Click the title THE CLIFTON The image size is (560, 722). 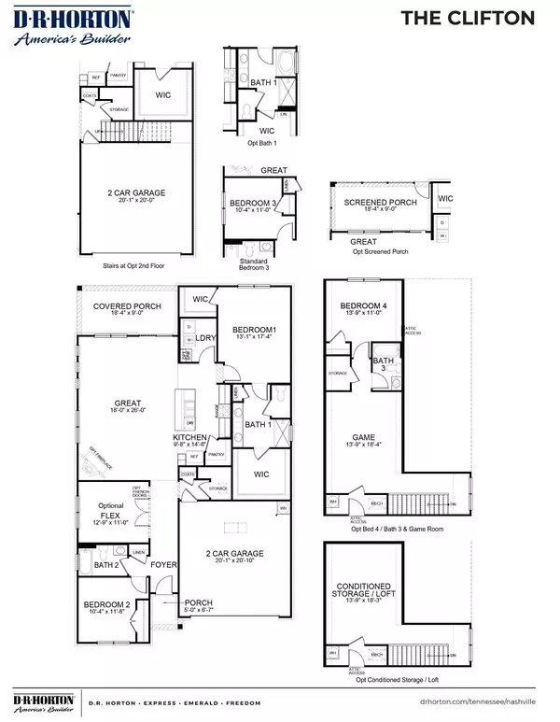pyautogui.click(x=481, y=18)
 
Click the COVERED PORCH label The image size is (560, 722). pyautogui.click(x=127, y=306)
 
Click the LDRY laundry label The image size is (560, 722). pyautogui.click(x=207, y=337)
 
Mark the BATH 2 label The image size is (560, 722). pyautogui.click(x=105, y=565)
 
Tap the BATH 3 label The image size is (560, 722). pyautogui.click(x=383, y=364)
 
